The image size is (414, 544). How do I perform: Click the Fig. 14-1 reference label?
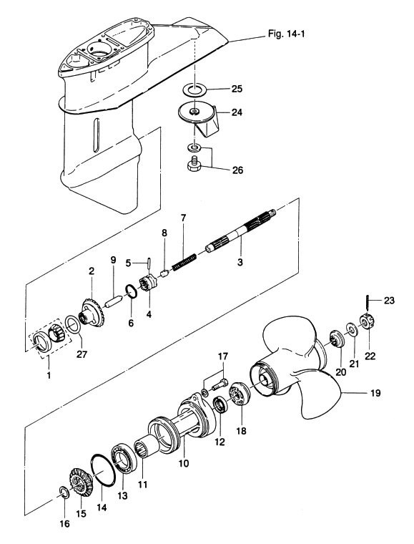tap(286, 34)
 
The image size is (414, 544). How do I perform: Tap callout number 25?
tap(237, 89)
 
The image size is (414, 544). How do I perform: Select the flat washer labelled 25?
tap(194, 89)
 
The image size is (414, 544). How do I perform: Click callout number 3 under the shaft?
tap(240, 262)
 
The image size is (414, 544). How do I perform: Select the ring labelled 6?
tap(131, 291)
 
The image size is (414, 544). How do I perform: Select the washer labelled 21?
tap(353, 329)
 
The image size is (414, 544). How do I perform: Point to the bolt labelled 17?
tap(221, 384)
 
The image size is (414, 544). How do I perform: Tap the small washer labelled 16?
tap(64, 492)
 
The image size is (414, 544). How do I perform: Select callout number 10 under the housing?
tap(184, 463)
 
